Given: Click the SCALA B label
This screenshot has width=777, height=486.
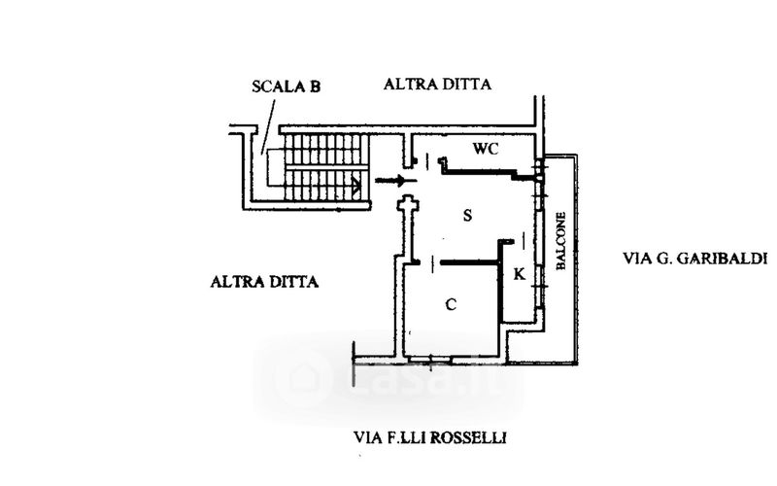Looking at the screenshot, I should point(286,87).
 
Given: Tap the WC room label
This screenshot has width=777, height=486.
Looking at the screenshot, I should point(486,149).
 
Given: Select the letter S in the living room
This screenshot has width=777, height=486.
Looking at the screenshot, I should point(467,215).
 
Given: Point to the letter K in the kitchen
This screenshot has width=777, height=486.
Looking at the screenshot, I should point(519,275).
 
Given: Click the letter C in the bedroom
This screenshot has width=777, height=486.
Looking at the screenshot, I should point(451,304).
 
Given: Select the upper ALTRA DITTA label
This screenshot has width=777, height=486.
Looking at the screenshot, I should point(437,85).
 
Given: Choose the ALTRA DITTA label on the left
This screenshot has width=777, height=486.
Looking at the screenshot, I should point(265,282).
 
